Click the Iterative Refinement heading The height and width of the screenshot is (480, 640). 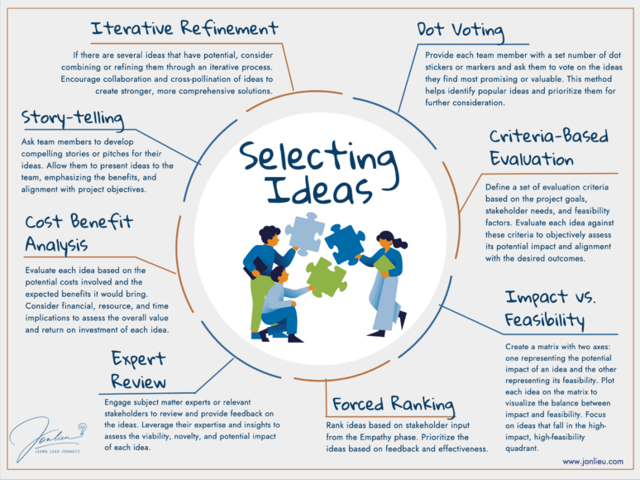click(185, 30)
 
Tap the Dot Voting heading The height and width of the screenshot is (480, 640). click(460, 31)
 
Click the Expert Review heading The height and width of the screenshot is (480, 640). click(138, 369)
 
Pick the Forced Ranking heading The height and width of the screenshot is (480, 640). click(394, 404)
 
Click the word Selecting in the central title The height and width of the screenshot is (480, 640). click(319, 159)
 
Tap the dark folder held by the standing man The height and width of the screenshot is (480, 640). click(260, 266)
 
